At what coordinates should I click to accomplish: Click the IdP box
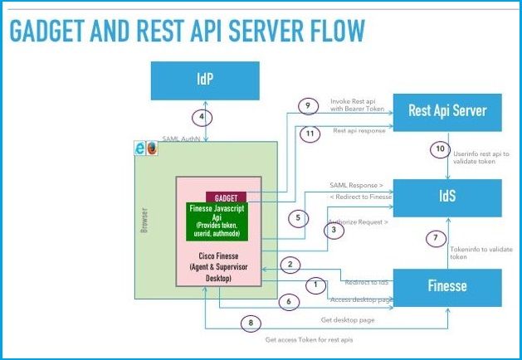(204, 80)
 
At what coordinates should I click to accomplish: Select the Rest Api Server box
(448, 109)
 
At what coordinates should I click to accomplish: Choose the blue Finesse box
(448, 287)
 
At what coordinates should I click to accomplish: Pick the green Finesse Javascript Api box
(218, 221)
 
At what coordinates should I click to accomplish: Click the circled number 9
(306, 105)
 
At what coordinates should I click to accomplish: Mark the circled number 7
(432, 238)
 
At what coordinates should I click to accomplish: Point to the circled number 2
(290, 265)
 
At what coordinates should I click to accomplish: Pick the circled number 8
(251, 323)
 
